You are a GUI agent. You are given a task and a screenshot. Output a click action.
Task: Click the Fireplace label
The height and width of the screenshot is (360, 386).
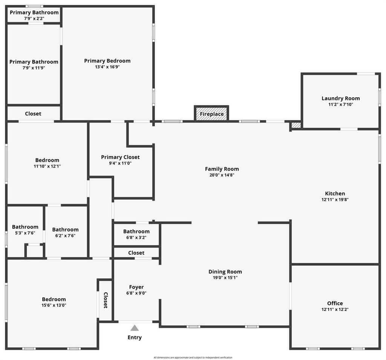[x=212, y=114]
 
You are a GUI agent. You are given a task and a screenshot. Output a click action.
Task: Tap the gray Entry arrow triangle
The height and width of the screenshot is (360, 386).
[x=135, y=328]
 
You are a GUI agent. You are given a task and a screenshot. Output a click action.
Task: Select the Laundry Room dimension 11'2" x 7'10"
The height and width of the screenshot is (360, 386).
[x=341, y=105]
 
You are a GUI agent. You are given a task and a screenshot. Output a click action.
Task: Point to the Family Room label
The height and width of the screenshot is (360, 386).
[x=222, y=169]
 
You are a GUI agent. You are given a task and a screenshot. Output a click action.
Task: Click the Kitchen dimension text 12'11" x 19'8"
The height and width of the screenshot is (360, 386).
[x=335, y=200]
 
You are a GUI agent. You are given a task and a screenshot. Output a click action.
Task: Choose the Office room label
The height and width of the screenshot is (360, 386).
[x=335, y=303]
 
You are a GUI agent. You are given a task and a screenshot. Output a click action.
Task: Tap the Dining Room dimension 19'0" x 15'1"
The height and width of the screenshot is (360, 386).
[x=225, y=278]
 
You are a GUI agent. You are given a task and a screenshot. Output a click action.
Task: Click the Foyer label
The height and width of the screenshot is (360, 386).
[x=136, y=287]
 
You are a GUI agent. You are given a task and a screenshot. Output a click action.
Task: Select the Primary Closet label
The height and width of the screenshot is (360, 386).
[x=120, y=157]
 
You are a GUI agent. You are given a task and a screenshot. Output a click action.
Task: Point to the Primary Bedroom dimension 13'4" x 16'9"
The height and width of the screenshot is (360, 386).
[x=107, y=67]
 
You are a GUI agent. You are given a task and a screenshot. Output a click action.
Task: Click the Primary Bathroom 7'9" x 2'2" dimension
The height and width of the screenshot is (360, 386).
[x=34, y=18]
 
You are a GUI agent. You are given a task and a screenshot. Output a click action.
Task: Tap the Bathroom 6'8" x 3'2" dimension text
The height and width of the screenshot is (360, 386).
[x=136, y=237]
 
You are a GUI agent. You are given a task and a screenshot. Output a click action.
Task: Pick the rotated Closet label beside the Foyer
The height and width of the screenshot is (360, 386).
[x=106, y=300]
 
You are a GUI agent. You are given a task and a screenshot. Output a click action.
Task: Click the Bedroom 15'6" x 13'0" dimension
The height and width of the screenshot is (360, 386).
[x=54, y=305]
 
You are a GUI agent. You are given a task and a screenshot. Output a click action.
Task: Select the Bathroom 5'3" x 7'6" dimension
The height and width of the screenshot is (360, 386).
[x=25, y=233]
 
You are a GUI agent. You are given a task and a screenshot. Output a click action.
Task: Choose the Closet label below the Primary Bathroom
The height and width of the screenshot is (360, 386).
[x=33, y=114]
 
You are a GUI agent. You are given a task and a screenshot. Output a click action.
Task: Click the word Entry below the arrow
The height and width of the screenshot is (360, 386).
[x=135, y=338]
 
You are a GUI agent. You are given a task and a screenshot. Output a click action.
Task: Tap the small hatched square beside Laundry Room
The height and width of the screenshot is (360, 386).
[x=296, y=125]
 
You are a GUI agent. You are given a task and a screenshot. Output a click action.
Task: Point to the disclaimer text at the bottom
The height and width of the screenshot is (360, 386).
[x=193, y=357]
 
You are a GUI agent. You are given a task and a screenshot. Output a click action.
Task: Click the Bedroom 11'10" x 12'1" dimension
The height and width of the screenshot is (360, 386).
[x=47, y=166]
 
